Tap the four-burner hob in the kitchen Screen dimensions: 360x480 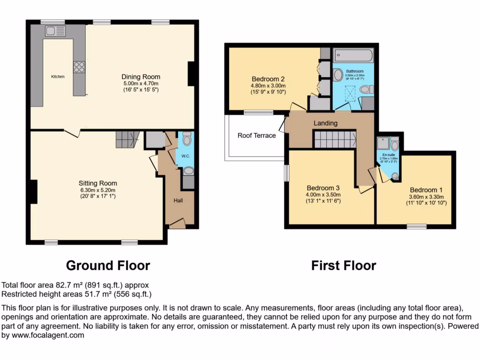pyautogui.click(x=79, y=67)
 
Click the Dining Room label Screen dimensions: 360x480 pyautogui.click(x=141, y=77)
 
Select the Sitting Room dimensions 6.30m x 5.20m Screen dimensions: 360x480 pyautogui.click(x=97, y=190)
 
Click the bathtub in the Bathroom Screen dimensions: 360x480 pyautogui.click(x=353, y=56)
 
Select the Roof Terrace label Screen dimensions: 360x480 pyautogui.click(x=256, y=135)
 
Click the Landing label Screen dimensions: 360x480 pyautogui.click(x=325, y=123)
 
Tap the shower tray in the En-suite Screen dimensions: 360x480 pyautogui.click(x=383, y=144)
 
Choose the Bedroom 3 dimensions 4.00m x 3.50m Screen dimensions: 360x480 pyautogui.click(x=323, y=195)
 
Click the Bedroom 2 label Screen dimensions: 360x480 pyautogui.click(x=268, y=79)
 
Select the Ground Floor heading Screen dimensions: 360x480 pyautogui.click(x=108, y=266)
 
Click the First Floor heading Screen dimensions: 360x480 pyautogui.click(x=344, y=266)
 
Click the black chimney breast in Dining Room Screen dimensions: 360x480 pyautogui.click(x=191, y=74)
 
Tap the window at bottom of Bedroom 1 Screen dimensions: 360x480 pyautogui.click(x=416, y=226)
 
